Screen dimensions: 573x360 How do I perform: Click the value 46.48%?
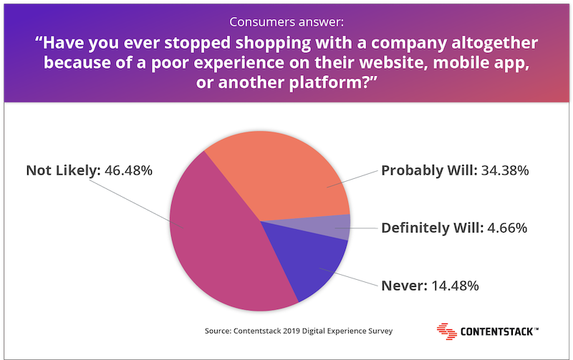[x=128, y=170]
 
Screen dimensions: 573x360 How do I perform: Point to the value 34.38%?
[x=505, y=170]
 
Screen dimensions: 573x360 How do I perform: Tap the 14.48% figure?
[x=455, y=286]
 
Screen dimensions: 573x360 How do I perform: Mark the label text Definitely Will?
[x=433, y=228]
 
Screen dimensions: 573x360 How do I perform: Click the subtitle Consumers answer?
[x=286, y=22]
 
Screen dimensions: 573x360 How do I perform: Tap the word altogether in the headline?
[x=494, y=43]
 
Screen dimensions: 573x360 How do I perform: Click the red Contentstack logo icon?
[x=446, y=331]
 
